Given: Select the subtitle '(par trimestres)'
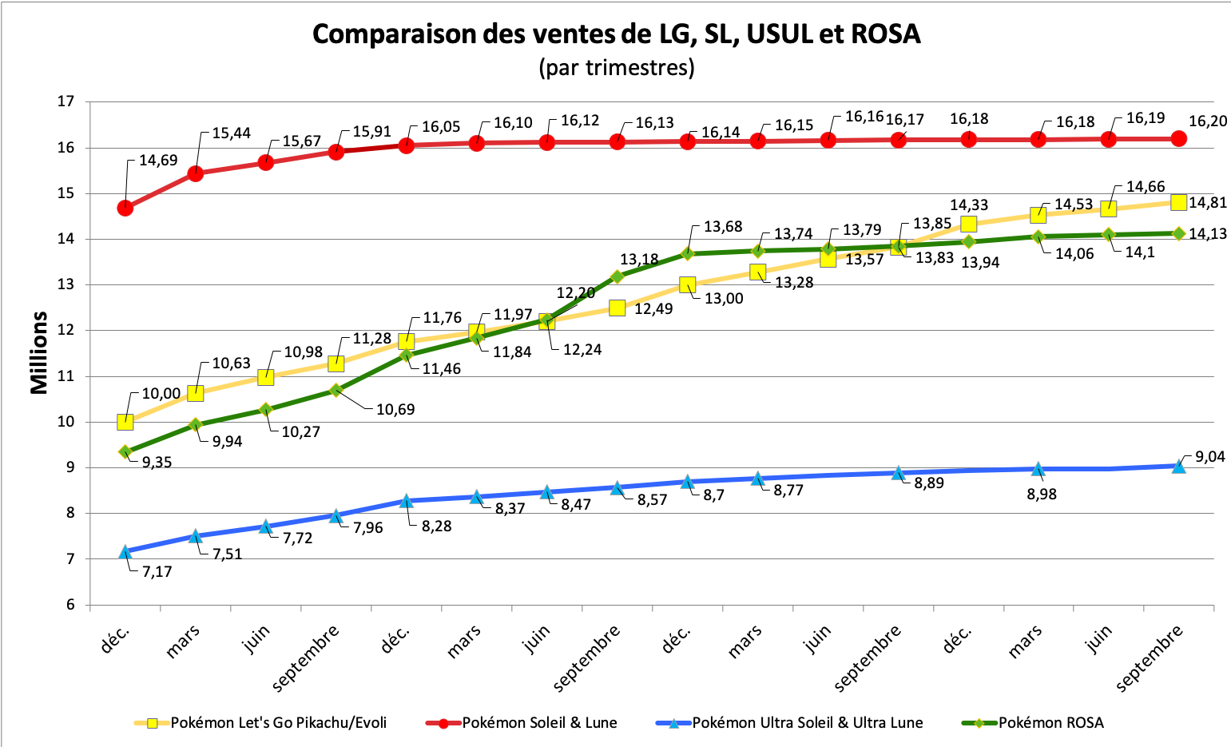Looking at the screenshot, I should pos(616,67).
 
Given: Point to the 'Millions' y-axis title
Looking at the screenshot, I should pos(39,352).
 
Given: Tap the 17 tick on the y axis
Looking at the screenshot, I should pos(66,101).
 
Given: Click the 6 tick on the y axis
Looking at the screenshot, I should pos(69,605).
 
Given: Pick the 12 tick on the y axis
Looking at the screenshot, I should pos(66,330).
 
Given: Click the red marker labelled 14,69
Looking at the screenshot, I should pos(125,208).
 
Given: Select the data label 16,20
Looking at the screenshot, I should pos(1208,121).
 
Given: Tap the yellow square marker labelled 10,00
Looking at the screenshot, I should pos(125,422).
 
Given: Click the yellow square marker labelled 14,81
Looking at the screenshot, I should pos(1178,202).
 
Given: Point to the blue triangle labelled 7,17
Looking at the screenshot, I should pos(125,551).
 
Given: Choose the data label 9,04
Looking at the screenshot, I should pos(1209,457).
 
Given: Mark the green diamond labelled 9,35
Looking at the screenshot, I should pos(125,451).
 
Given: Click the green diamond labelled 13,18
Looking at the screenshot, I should pos(617,276).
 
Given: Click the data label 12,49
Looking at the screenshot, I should pos(653,308).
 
